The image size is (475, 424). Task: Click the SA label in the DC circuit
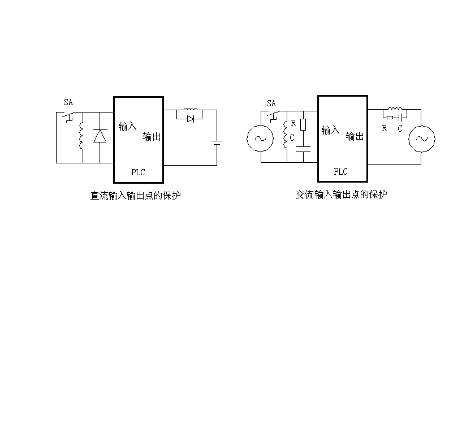(x=68, y=102)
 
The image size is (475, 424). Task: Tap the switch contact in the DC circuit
(x=70, y=117)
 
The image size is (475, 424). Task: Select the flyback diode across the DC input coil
(x=100, y=136)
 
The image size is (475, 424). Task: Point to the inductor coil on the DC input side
(x=82, y=136)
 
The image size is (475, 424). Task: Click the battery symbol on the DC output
(x=217, y=142)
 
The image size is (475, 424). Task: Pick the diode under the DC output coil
(x=191, y=119)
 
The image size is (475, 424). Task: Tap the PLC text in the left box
(x=138, y=172)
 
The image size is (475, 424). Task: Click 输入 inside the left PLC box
(x=127, y=126)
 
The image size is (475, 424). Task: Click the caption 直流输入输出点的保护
(x=136, y=196)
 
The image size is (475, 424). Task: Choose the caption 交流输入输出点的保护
(x=342, y=194)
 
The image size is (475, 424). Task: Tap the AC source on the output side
(x=421, y=139)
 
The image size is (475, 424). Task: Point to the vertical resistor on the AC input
(x=304, y=124)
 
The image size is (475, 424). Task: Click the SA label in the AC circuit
(x=271, y=103)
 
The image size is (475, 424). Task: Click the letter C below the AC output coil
(x=400, y=128)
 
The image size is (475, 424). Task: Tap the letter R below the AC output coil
(x=385, y=128)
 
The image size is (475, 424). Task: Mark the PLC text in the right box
(x=340, y=171)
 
